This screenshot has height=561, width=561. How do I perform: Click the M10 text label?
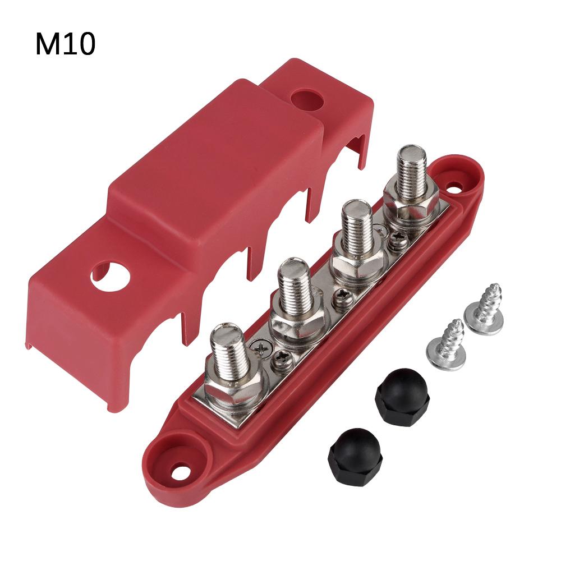tap(65, 44)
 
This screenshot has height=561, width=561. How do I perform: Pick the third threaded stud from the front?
tap(353, 230)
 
